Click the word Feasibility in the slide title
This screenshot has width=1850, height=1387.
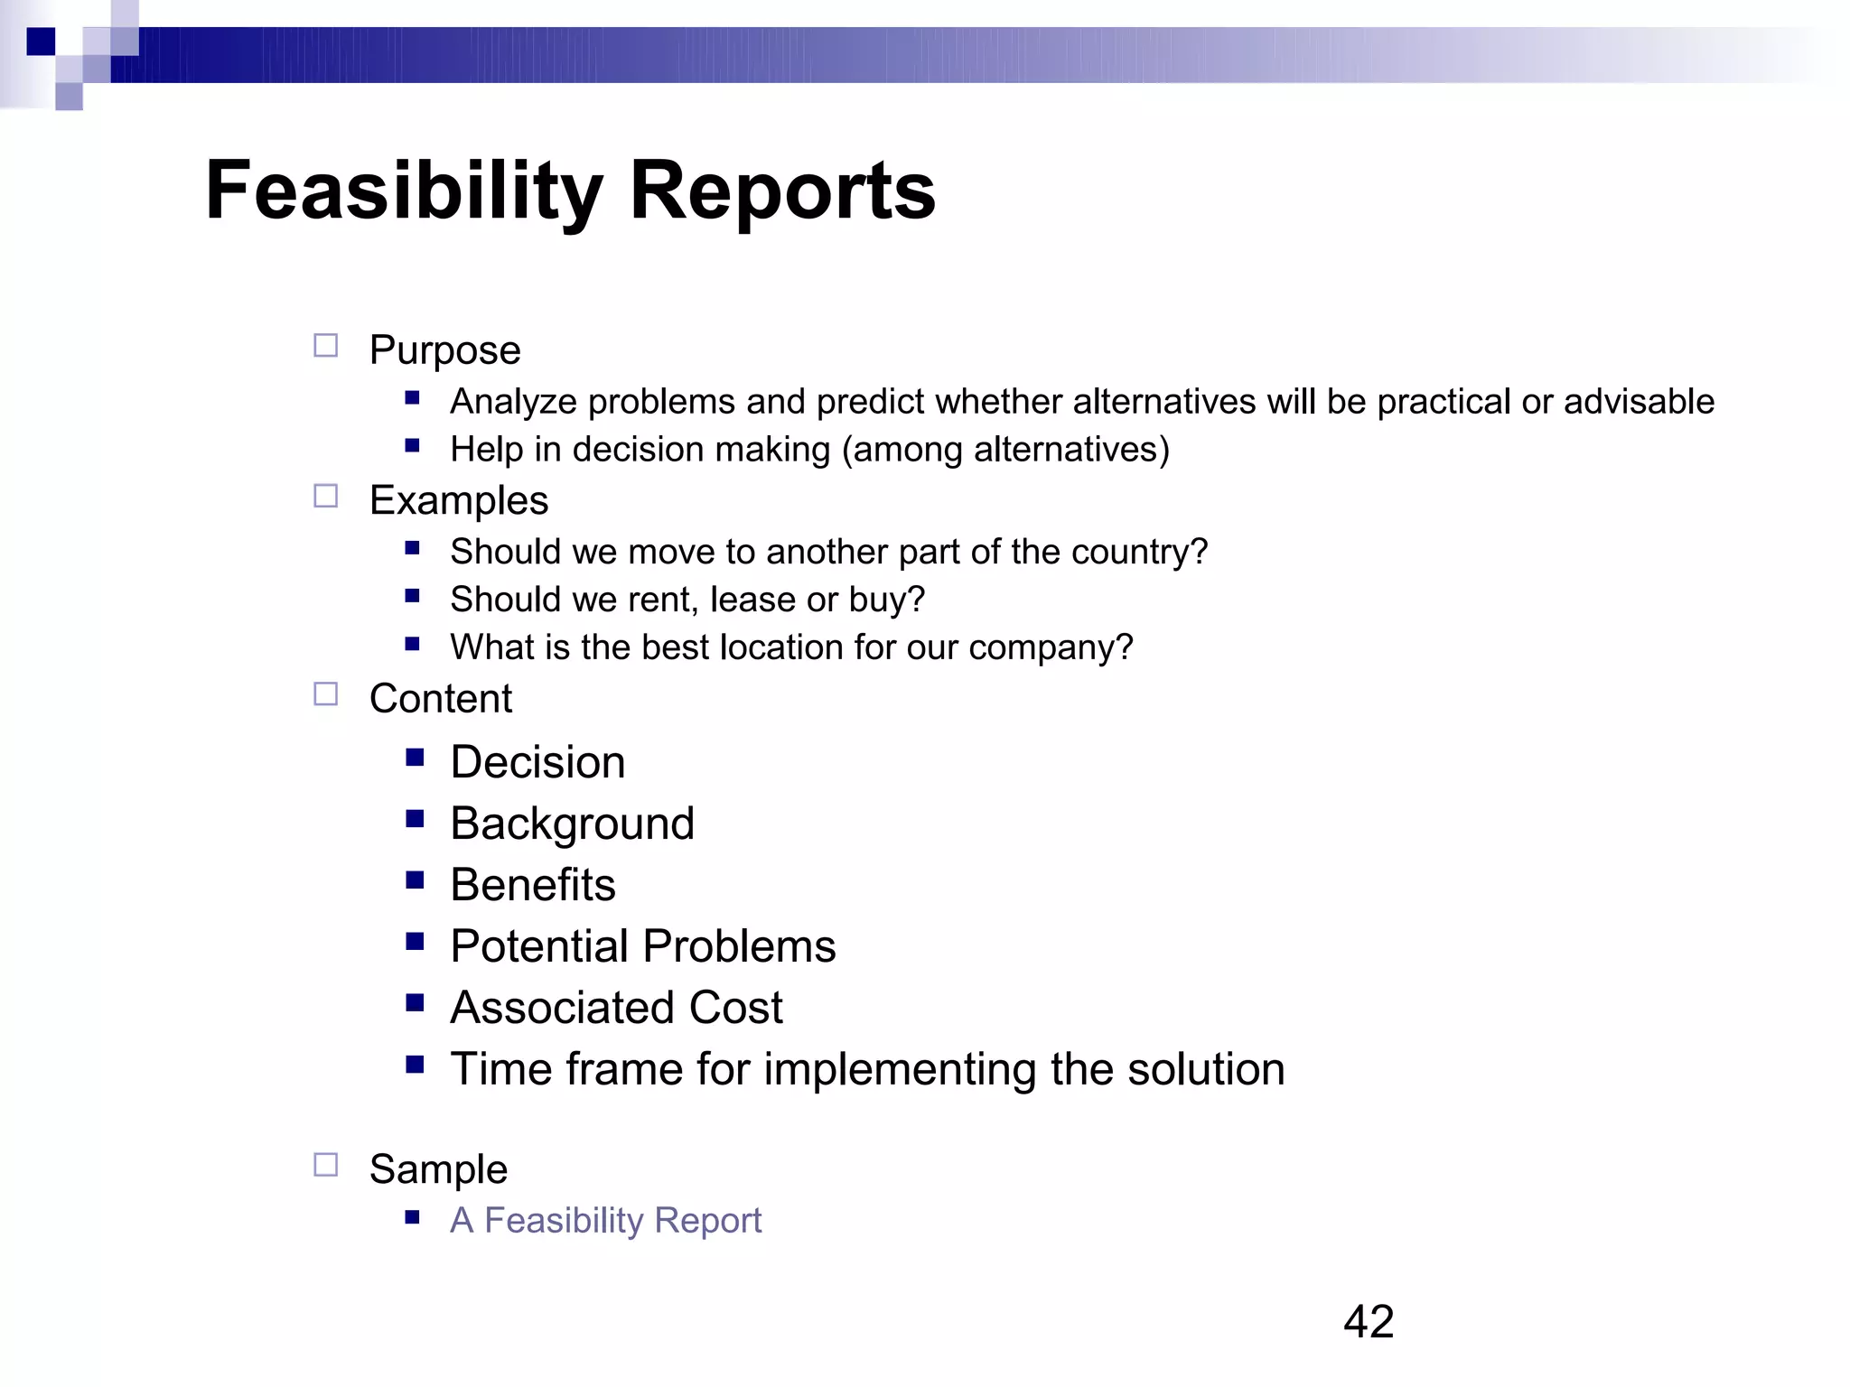(x=404, y=191)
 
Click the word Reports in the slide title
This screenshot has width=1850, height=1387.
(x=782, y=191)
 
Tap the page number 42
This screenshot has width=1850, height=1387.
(x=1369, y=1322)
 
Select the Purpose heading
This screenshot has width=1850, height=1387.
(x=444, y=350)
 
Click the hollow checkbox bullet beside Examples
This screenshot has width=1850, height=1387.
(x=326, y=497)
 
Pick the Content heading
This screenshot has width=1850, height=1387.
(x=441, y=699)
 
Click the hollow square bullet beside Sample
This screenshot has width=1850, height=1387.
(x=326, y=1165)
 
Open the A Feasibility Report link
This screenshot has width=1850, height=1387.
(x=605, y=1220)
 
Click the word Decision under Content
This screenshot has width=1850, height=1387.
(x=537, y=762)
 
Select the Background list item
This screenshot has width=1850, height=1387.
(x=572, y=824)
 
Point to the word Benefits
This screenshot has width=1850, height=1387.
(x=533, y=885)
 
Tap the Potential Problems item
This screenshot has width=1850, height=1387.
(x=642, y=946)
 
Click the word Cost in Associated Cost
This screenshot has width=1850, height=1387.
(x=735, y=1008)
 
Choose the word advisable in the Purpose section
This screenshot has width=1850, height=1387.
(x=1639, y=402)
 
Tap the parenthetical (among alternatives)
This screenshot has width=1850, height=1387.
(x=1005, y=450)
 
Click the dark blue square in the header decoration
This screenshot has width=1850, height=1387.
(x=41, y=42)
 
